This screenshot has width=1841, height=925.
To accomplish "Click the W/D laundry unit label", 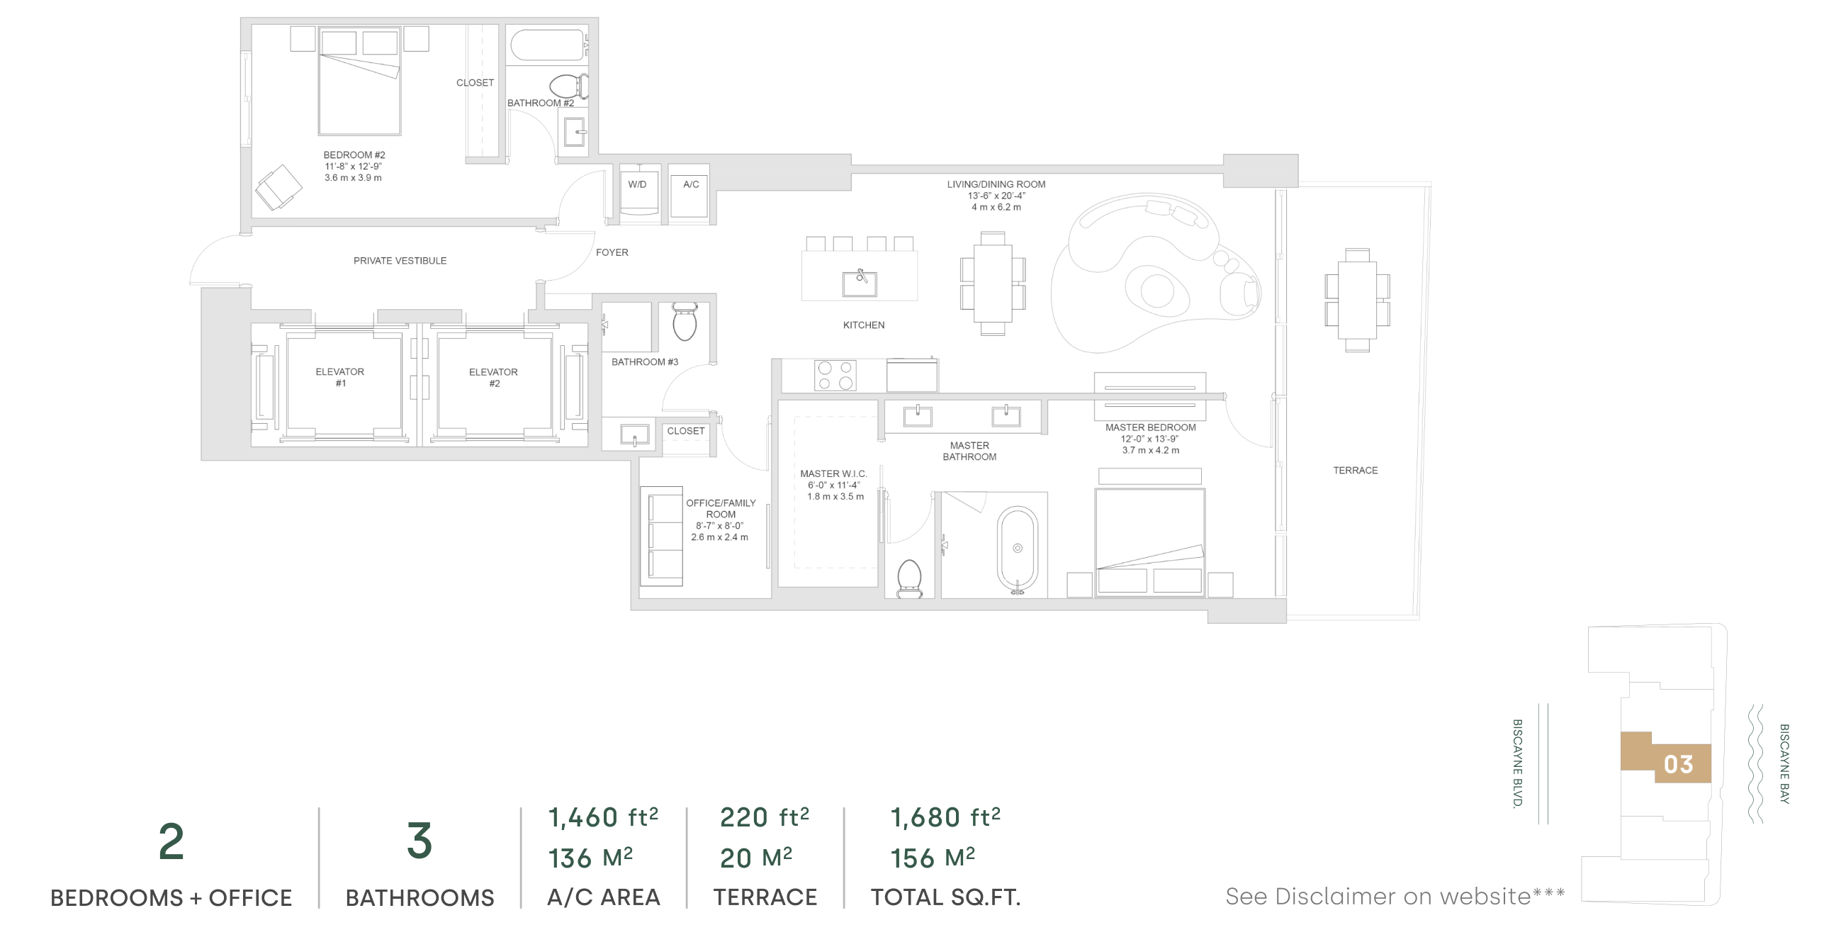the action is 637,184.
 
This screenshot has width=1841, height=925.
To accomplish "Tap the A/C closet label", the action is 691,184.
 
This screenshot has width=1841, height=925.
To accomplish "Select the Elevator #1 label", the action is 340,377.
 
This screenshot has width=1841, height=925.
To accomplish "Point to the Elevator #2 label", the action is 494,377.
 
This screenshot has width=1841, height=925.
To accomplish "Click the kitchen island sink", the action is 859,284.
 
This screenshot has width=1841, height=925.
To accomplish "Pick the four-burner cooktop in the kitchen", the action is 835,375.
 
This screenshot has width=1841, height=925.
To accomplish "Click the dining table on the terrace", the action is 1357,301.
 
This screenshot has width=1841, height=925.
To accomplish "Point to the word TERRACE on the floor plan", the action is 1355,471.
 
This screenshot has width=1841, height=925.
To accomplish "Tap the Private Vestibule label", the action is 400,261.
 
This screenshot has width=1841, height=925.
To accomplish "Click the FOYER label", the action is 612,252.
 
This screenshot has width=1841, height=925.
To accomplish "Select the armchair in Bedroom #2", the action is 278,187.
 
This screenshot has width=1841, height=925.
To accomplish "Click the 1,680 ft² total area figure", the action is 945,817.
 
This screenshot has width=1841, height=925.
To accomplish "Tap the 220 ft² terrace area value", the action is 764,817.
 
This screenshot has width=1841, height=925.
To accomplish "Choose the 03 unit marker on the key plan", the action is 1678,765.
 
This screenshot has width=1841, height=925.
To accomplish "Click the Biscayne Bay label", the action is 1784,763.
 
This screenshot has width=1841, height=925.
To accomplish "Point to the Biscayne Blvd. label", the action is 1517,763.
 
